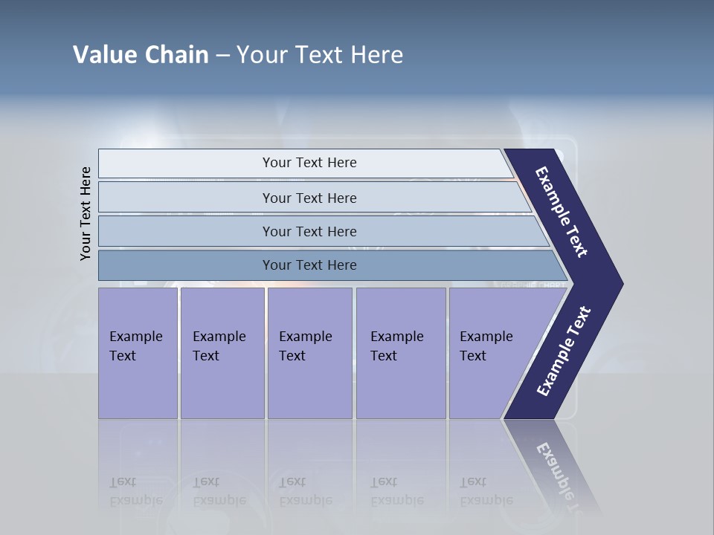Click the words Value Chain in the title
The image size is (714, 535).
click(x=141, y=55)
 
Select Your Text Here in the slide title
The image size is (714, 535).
click(x=320, y=55)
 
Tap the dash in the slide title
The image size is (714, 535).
click(x=222, y=56)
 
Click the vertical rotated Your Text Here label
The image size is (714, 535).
click(x=86, y=213)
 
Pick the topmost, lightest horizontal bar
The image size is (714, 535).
click(x=309, y=163)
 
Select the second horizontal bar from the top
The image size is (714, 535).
click(x=309, y=198)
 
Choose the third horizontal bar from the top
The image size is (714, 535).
click(x=309, y=231)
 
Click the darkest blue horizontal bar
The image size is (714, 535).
click(x=309, y=265)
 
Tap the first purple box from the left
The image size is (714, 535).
click(x=138, y=353)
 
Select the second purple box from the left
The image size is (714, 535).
click(x=222, y=353)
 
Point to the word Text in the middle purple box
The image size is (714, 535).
click(x=292, y=356)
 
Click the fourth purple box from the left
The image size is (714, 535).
click(x=401, y=353)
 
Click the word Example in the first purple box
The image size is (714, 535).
click(x=136, y=337)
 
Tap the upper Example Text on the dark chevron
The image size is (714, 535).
click(x=562, y=212)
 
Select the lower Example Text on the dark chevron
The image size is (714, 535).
click(x=564, y=351)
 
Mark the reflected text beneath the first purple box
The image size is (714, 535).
click(x=136, y=491)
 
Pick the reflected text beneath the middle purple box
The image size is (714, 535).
click(x=306, y=491)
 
